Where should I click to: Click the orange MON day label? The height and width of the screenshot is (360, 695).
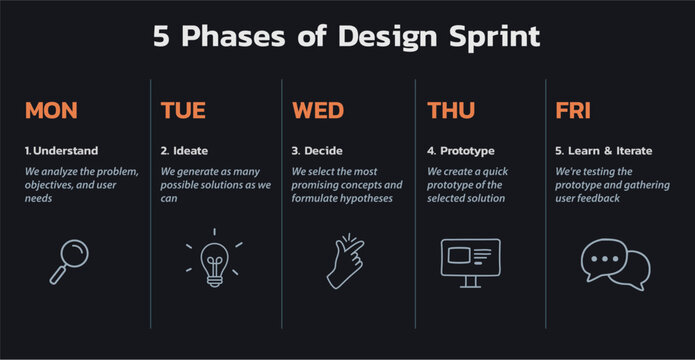(51, 110)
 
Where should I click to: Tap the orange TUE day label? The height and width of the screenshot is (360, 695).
(183, 110)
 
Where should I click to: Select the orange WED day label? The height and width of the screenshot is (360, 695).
(318, 110)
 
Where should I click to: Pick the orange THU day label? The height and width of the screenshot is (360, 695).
(452, 110)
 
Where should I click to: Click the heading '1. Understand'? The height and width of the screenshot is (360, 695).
(62, 151)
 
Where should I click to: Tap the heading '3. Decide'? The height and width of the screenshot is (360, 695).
(317, 151)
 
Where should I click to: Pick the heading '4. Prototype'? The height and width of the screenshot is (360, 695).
(461, 151)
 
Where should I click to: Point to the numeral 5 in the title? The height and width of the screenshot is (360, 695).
(163, 37)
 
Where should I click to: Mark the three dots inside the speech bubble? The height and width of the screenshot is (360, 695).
(603, 257)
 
